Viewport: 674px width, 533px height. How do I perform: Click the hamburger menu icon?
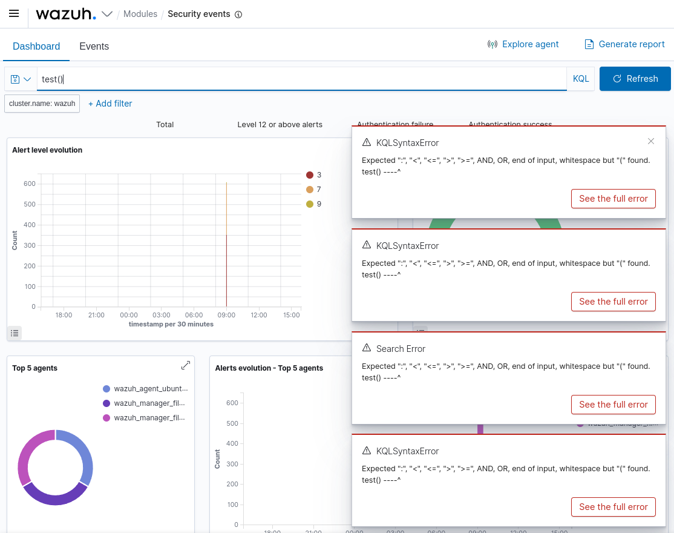[14, 13]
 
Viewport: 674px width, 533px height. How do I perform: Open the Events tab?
[94, 46]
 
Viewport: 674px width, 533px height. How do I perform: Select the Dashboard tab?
[36, 46]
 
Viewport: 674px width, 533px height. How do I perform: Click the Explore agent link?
[523, 44]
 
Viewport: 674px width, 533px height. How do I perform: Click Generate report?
[624, 44]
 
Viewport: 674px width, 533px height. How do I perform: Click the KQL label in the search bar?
[580, 79]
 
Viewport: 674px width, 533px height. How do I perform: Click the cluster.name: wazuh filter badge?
[42, 104]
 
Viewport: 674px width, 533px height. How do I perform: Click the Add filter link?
[110, 104]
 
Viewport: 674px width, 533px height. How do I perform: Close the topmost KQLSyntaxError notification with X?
[651, 141]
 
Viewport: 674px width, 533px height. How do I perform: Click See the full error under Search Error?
[613, 404]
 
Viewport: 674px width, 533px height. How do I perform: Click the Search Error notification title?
[401, 349]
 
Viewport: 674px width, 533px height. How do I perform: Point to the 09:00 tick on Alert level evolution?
[226, 315]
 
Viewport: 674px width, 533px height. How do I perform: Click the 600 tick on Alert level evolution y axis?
[29, 184]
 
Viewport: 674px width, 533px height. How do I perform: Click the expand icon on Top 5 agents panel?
[186, 365]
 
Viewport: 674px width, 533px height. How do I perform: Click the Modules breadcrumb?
[140, 14]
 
